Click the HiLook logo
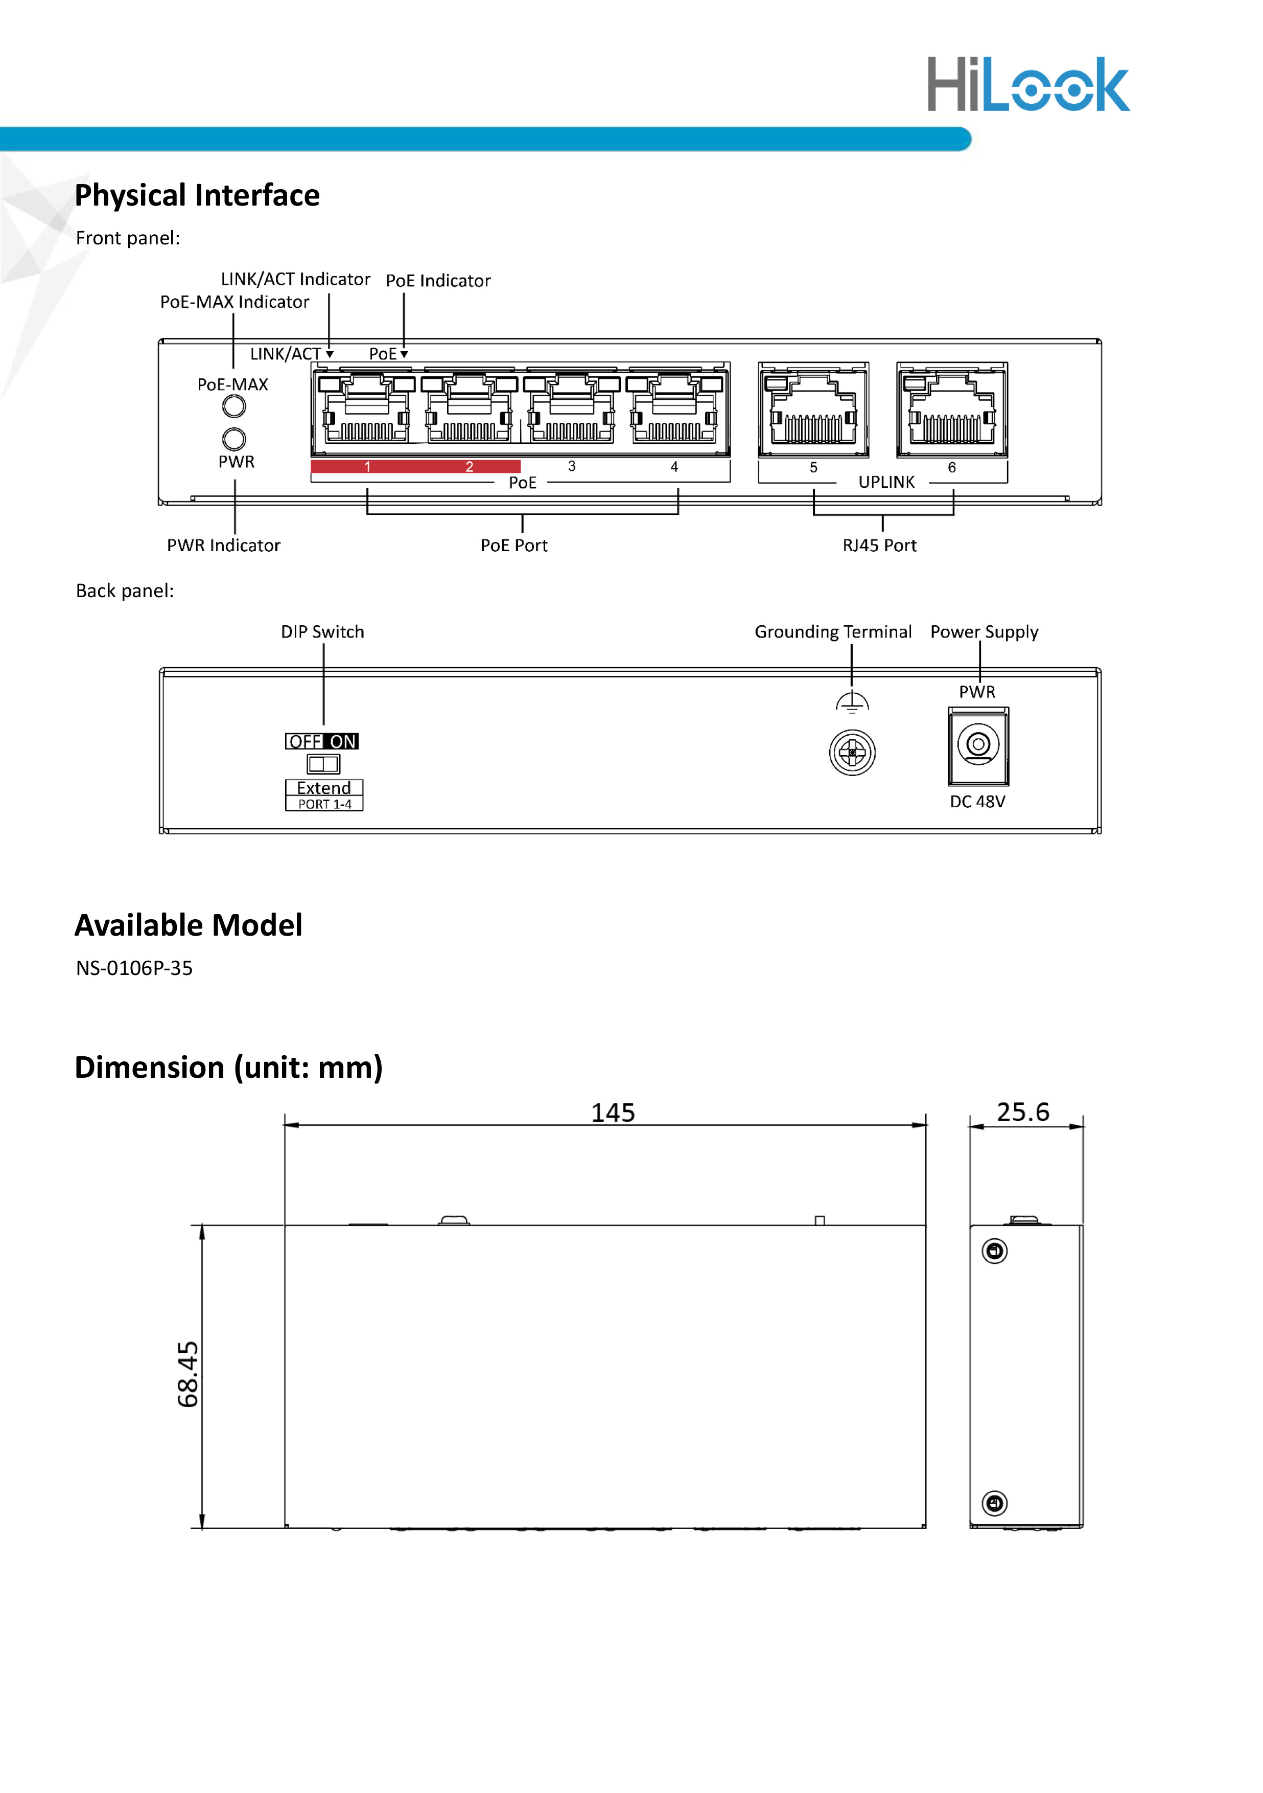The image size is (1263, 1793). pos(1027,84)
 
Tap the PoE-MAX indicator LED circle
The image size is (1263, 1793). pos(234,406)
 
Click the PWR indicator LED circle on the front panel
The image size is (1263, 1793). pos(234,438)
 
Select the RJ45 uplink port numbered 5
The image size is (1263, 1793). pos(812,411)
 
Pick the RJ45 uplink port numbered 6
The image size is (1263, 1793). pos(951,411)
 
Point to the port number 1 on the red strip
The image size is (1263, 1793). pos(367,467)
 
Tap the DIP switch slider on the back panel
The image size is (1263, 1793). pos(323,764)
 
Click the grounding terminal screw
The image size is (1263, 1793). pos(852,753)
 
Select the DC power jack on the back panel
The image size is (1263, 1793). pos(978,746)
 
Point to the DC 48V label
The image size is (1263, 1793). pos(977,802)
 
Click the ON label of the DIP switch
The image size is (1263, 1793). pos(343,742)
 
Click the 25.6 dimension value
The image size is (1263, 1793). pos(1022,1112)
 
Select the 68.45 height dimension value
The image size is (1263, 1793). pos(188,1374)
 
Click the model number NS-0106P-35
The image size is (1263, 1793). pos(134,968)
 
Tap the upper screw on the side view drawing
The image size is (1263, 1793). pos(994,1251)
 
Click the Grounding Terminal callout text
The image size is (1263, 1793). pos(833,632)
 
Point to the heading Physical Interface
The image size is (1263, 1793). pos(197,195)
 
